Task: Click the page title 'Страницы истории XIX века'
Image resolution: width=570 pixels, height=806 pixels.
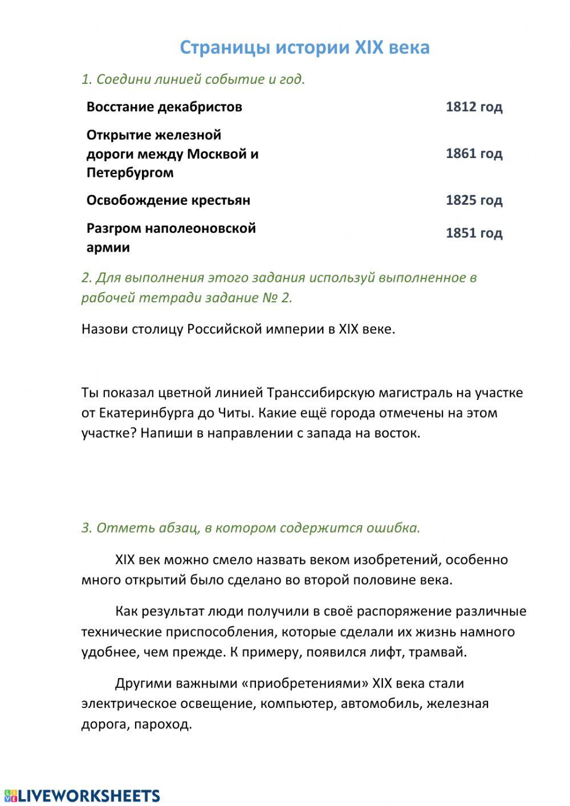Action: click(304, 47)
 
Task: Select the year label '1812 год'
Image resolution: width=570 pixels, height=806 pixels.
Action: click(474, 107)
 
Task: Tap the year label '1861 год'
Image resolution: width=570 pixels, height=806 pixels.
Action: click(474, 153)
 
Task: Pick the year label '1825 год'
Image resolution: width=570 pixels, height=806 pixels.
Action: click(474, 200)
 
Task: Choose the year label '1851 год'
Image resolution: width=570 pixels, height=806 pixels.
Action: click(474, 233)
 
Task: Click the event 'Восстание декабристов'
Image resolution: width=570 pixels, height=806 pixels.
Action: click(164, 107)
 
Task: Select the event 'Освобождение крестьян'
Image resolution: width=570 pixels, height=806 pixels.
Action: click(168, 200)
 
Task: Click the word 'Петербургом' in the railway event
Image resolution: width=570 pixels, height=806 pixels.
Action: click(130, 173)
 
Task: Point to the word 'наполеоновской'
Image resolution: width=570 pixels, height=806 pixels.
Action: click(200, 228)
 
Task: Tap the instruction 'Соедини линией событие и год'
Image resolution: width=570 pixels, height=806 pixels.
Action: click(199, 79)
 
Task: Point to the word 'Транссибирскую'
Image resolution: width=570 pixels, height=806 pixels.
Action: click(320, 393)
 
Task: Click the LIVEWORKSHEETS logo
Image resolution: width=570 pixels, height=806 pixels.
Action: click(82, 796)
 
